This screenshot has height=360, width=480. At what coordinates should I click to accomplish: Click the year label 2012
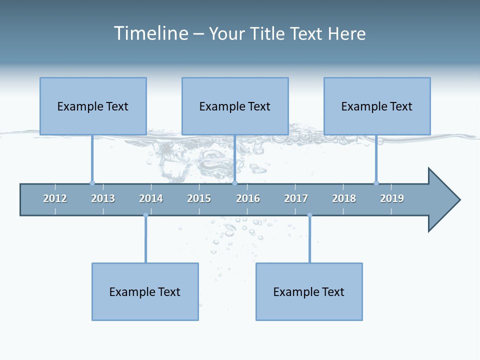tap(55, 198)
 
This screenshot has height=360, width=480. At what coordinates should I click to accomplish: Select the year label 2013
tap(103, 198)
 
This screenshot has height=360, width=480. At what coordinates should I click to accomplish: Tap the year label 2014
tap(151, 198)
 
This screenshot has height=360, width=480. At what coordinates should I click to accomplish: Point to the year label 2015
tap(199, 198)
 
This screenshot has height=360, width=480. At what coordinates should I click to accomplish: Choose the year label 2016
tap(248, 198)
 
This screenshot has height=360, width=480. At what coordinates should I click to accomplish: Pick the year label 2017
tap(296, 198)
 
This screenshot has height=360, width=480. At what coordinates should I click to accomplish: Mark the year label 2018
tap(344, 198)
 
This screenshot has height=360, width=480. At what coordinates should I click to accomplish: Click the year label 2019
tap(392, 198)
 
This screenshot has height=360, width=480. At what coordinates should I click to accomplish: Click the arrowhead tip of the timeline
tap(459, 200)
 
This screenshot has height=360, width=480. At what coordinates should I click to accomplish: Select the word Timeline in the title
tap(150, 33)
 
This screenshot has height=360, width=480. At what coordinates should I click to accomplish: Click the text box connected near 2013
tap(93, 106)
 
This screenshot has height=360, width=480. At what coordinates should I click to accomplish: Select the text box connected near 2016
tap(235, 106)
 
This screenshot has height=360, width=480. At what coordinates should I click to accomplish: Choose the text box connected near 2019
tap(377, 106)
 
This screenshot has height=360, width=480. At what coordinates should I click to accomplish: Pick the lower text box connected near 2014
tap(145, 291)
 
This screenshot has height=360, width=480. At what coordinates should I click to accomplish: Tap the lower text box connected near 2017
tap(309, 291)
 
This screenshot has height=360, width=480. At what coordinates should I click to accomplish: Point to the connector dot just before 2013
tap(92, 183)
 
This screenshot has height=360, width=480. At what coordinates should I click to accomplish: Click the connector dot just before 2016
tap(234, 183)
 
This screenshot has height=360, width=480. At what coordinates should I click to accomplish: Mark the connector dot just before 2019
tap(376, 183)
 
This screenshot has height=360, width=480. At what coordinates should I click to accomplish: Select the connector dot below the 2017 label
tap(309, 215)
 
